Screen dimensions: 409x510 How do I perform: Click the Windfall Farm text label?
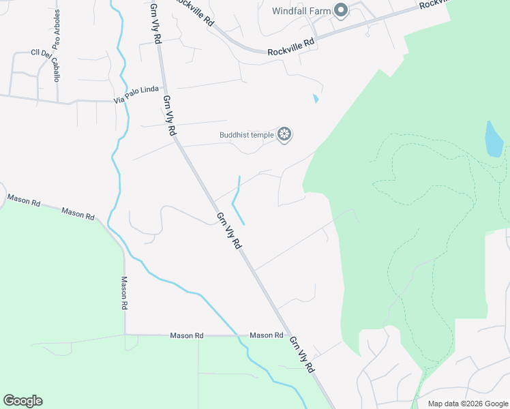(301, 10)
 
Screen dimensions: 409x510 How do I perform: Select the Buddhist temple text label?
(246, 134)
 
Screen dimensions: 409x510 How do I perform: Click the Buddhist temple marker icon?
(285, 134)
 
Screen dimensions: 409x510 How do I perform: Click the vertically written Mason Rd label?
(125, 291)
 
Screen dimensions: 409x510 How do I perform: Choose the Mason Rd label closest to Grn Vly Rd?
(266, 335)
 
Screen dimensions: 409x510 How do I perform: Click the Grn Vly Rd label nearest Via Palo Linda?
(170, 115)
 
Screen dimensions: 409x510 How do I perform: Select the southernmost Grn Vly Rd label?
(301, 354)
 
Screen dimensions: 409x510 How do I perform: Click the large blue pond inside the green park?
(494, 140)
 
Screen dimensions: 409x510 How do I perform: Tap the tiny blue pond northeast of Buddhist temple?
(315, 99)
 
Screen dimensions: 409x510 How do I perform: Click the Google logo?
(22, 401)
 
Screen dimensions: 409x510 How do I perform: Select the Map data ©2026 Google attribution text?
(467, 404)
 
